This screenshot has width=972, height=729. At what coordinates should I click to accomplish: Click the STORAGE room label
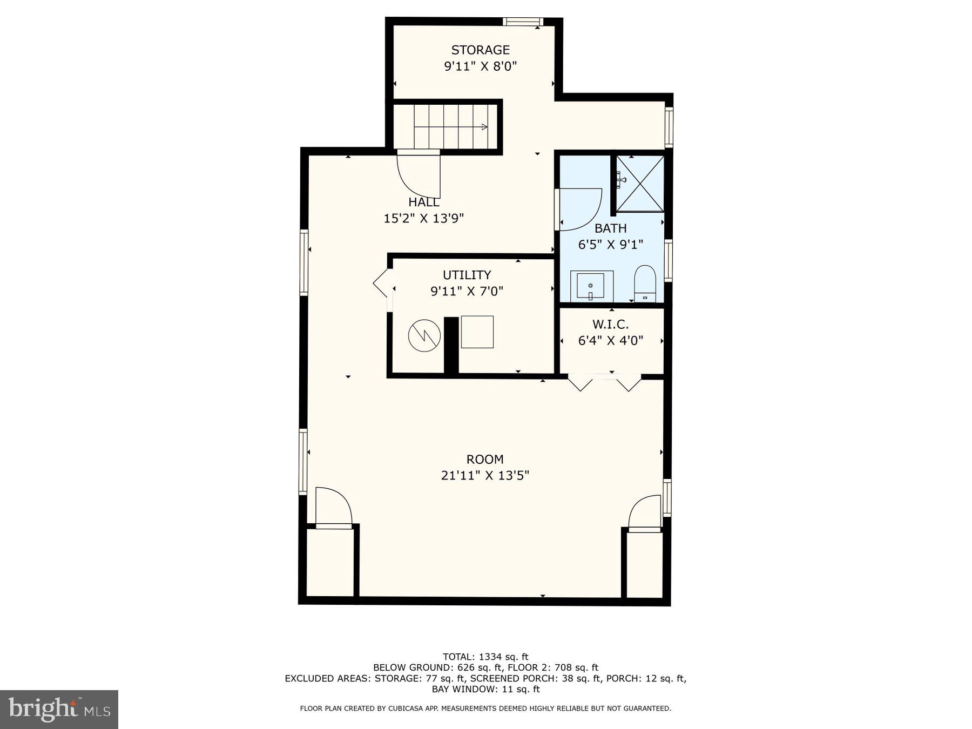coord(480,50)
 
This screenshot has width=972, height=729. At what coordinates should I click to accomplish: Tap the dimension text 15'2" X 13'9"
coord(424,218)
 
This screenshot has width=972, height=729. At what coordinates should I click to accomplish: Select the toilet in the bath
coord(645,284)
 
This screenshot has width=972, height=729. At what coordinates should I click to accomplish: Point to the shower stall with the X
coord(640,184)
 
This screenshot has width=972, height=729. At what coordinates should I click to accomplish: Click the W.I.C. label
coord(610,325)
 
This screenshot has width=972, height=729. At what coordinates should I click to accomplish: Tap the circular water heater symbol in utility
coord(424,336)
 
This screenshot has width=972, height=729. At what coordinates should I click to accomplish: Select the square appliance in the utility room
coord(477,332)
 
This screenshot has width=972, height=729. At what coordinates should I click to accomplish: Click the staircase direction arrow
coord(484,127)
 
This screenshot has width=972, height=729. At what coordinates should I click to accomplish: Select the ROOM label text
coord(485,460)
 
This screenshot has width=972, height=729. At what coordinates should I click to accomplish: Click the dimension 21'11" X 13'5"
coord(485,475)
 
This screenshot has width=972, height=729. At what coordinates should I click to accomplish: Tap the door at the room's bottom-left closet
coord(333,508)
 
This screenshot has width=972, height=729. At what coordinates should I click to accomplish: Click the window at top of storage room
coord(523,22)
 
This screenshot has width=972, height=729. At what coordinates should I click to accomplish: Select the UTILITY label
coord(467,275)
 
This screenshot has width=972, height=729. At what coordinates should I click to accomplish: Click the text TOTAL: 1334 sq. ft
coord(485,657)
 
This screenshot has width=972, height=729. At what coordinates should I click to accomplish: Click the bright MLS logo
coord(59,709)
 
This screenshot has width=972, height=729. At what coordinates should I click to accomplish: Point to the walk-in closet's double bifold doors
coord(604,381)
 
